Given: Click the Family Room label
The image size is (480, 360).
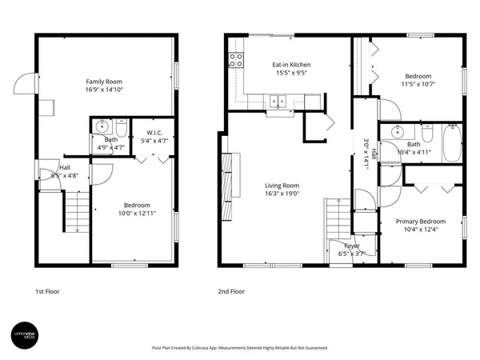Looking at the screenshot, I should (x=106, y=82).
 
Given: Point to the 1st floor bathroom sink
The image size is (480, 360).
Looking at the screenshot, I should (x=101, y=126).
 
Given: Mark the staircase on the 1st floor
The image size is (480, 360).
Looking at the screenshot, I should (x=77, y=214).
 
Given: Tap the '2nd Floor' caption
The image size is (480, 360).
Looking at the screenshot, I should (x=232, y=292).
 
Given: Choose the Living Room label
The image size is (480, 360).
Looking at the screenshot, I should (x=282, y=186).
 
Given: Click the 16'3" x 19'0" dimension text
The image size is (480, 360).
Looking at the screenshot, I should (x=282, y=194).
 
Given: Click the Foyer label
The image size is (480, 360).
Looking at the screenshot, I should (x=351, y=246).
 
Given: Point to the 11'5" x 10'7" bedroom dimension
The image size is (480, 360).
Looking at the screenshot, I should (x=418, y=82).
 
